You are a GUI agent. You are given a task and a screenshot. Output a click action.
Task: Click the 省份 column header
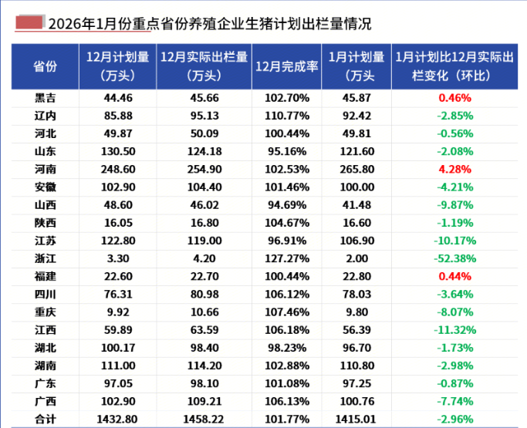[45, 66]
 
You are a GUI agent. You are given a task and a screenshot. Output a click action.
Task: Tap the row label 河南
[45, 169]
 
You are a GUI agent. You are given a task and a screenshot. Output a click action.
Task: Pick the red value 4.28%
[454, 169]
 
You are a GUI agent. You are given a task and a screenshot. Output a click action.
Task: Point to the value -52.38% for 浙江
[454, 258]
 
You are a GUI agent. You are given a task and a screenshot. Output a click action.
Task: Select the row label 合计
[45, 419]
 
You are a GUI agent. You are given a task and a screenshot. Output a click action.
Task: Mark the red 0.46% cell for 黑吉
[454, 98]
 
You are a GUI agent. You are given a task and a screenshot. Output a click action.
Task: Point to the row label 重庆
[45, 312]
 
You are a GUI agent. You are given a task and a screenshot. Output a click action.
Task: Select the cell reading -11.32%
[454, 329]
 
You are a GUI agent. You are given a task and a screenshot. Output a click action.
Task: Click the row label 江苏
[45, 241]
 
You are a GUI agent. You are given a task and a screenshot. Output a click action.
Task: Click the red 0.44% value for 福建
[454, 276]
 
